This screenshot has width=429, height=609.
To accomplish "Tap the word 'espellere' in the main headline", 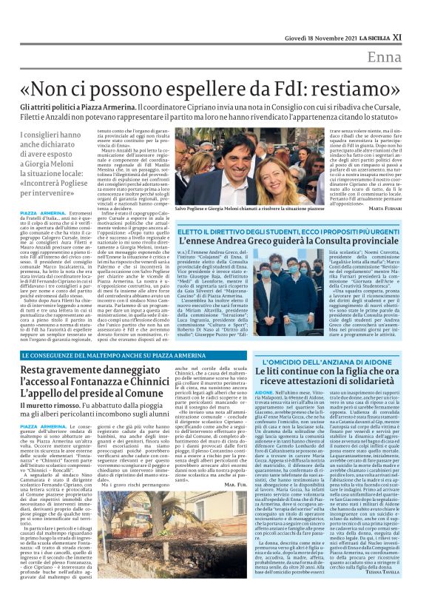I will pos(199,84).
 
